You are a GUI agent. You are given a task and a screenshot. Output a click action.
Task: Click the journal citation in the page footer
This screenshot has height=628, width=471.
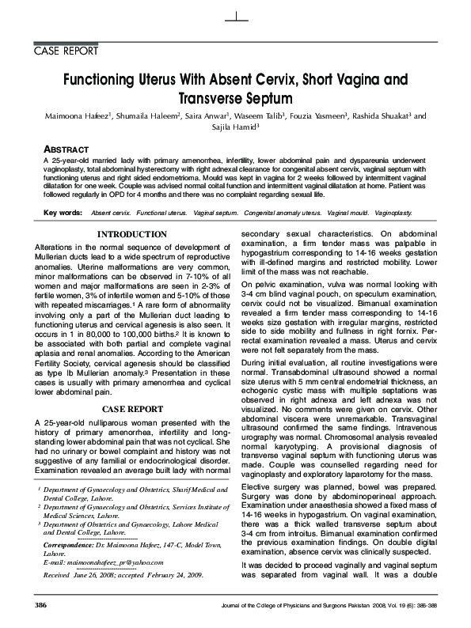coord(333,605)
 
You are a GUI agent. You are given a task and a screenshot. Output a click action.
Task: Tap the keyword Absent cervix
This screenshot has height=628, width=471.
coord(111,214)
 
